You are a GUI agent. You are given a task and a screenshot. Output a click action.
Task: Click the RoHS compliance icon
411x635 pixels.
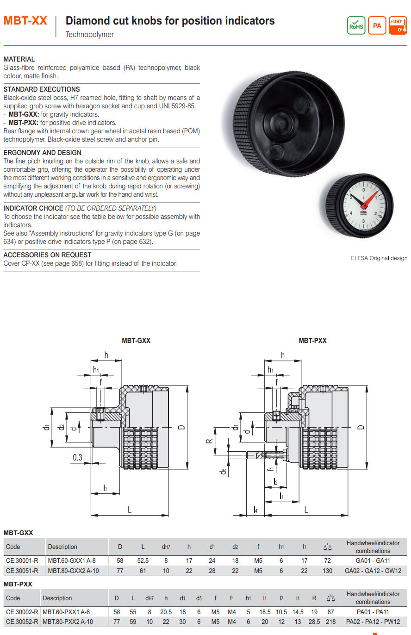point(356,25)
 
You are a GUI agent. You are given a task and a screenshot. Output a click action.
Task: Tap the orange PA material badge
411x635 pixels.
point(377,25)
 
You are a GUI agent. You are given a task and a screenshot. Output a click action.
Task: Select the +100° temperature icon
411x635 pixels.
point(398,25)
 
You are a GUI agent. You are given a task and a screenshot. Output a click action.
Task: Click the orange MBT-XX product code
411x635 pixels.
point(25,21)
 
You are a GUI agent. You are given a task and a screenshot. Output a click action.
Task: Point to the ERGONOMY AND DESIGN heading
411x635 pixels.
point(42,153)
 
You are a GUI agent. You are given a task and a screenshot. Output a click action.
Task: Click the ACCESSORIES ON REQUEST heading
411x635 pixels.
point(47,255)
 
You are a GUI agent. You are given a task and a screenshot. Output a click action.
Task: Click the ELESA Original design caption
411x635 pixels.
point(379,258)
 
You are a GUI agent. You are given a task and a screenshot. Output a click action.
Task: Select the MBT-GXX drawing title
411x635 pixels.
point(136,341)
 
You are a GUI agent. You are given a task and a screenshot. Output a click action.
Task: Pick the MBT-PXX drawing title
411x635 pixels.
point(312,341)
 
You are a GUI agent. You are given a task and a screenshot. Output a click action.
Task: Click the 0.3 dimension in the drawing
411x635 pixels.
point(77,458)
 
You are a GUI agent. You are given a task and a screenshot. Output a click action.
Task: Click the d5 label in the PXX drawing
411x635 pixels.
point(224,472)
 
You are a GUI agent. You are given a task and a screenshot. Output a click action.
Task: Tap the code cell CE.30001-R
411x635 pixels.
point(22,561)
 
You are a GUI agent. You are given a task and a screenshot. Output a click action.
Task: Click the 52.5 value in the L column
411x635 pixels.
point(143,561)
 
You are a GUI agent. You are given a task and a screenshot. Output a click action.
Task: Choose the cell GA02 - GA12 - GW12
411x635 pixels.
point(373,571)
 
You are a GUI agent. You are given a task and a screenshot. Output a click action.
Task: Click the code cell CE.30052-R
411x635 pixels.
point(22,622)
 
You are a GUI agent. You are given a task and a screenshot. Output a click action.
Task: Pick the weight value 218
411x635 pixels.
point(330,622)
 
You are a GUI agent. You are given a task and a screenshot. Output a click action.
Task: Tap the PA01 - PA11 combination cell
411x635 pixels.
point(373,612)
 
